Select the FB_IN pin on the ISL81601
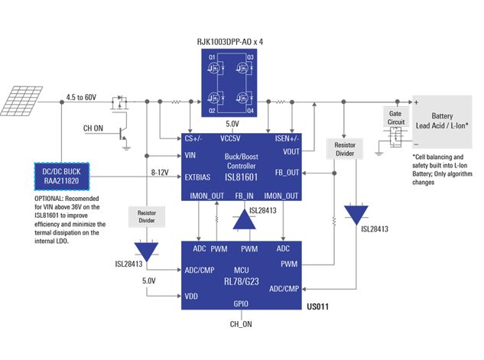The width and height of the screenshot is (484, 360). [244, 196]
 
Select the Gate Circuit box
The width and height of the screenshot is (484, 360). [395, 117]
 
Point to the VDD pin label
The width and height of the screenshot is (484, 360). [191, 296]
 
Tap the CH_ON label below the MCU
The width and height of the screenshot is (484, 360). [241, 324]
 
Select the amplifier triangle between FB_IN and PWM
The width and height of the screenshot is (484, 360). [244, 221]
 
